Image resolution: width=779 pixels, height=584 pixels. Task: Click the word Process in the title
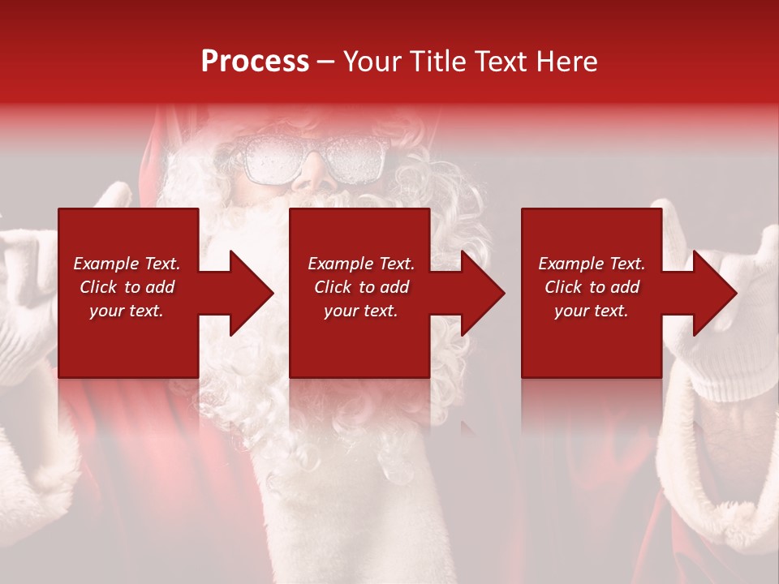click(255, 62)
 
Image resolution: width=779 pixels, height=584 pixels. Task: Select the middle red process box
click(359, 341)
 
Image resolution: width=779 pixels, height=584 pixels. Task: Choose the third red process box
click(592, 341)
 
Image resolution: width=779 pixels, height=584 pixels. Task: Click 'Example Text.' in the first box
click(127, 264)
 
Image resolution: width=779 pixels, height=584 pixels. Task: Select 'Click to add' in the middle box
click(361, 287)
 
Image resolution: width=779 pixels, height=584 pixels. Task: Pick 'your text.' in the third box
click(592, 311)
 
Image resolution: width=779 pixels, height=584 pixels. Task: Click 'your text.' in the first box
click(127, 311)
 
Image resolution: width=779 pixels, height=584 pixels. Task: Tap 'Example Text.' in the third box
click(592, 264)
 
